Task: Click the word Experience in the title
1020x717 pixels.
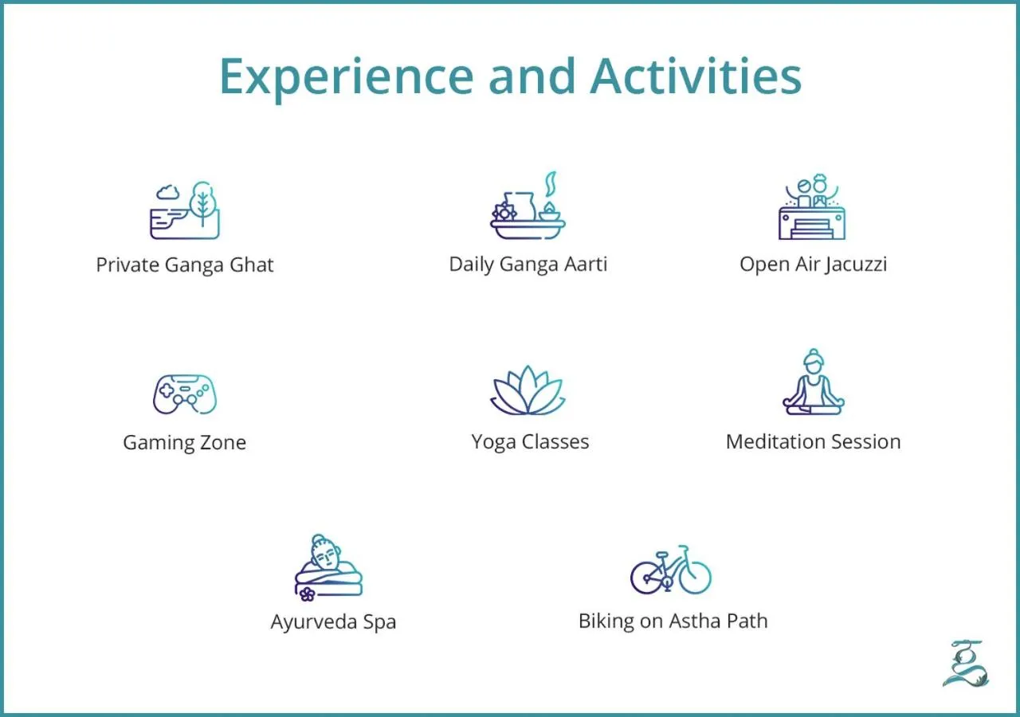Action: (x=345, y=77)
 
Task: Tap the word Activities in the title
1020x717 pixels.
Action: (x=696, y=76)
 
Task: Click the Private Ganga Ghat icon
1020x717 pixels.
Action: (x=185, y=211)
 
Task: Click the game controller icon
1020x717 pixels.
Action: (x=185, y=394)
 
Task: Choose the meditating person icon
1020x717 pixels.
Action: (x=813, y=383)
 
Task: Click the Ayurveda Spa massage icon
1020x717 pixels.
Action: (x=328, y=567)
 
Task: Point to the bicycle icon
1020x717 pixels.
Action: (x=670, y=570)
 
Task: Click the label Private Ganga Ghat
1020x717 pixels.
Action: (x=185, y=265)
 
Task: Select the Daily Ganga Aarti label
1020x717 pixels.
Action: (x=528, y=265)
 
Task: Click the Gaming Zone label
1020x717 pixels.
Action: (x=185, y=443)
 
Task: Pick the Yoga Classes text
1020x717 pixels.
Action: (x=530, y=442)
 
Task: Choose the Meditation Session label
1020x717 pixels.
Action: (x=813, y=442)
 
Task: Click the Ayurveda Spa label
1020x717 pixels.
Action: (x=333, y=622)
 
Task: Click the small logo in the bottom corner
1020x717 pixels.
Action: (x=965, y=663)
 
